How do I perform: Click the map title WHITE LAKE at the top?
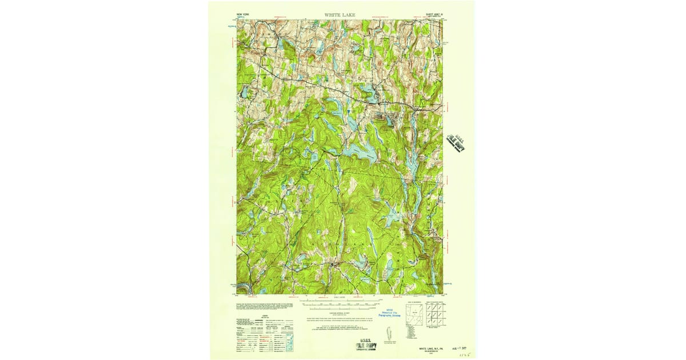pyautogui.click(x=340, y=14)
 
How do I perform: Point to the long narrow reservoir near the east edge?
pyautogui.click(x=412, y=166)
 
